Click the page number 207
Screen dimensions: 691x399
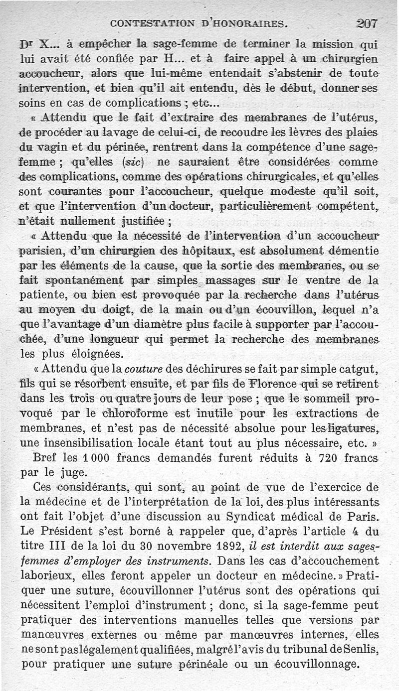[367, 23]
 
